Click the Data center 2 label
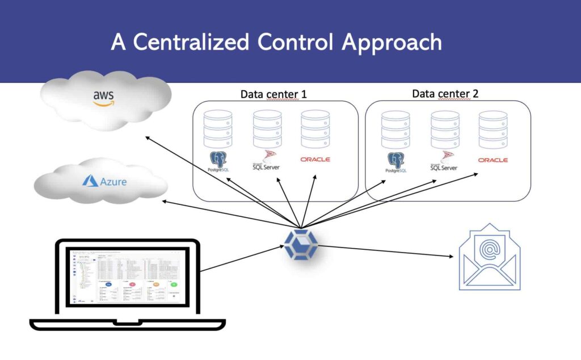(446, 94)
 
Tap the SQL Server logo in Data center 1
(267, 161)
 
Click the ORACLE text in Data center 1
(315, 160)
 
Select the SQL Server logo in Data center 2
(444, 162)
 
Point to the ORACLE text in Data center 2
(492, 160)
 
